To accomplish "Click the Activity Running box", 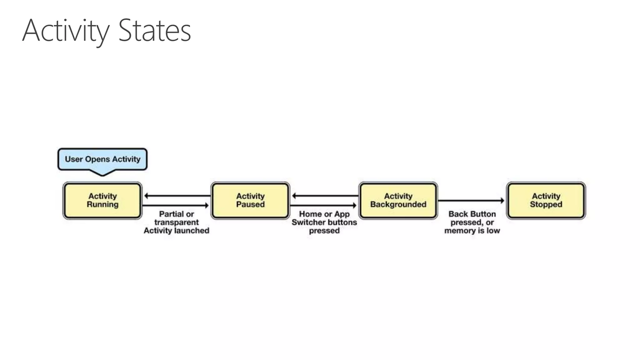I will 102,200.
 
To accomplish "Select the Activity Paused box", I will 250,200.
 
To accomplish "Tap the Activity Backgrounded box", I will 398,200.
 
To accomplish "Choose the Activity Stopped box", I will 546,200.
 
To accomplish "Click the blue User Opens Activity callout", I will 102,159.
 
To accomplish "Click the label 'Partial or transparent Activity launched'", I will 177,222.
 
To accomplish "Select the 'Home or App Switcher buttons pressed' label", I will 324,222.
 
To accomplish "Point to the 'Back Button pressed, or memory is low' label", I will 472,222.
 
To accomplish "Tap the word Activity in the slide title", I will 66,31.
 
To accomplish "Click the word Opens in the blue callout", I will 97,159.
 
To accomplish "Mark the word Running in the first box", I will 102,205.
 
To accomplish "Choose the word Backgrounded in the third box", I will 398,205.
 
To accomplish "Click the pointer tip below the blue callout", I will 102,175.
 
